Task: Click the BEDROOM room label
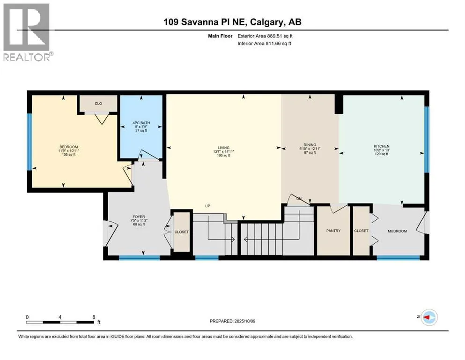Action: point(68,147)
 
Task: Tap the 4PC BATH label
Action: point(141,123)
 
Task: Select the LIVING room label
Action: point(224,148)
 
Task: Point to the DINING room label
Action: point(310,145)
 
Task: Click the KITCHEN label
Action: point(381,146)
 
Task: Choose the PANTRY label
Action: point(333,231)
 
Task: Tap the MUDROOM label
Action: point(398,231)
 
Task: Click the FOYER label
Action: point(139,217)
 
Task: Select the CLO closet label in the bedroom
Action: point(98,104)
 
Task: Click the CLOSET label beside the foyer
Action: point(182,232)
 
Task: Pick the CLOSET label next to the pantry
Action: point(361,231)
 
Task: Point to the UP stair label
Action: point(207,206)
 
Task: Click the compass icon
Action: point(429,317)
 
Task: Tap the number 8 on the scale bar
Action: point(94,317)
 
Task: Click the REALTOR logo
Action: point(27,32)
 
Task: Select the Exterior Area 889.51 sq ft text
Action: point(265,36)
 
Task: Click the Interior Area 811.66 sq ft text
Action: point(264,43)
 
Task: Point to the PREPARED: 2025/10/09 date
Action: point(232,321)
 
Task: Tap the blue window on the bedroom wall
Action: point(30,142)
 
